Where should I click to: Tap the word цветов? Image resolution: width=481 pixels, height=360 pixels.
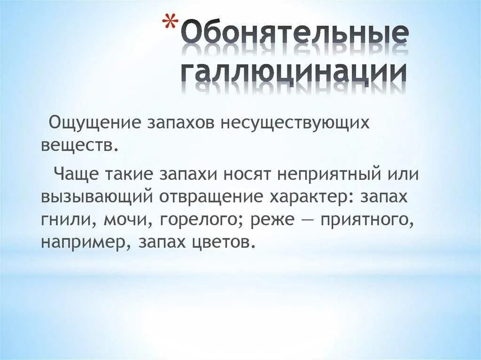click(225, 242)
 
